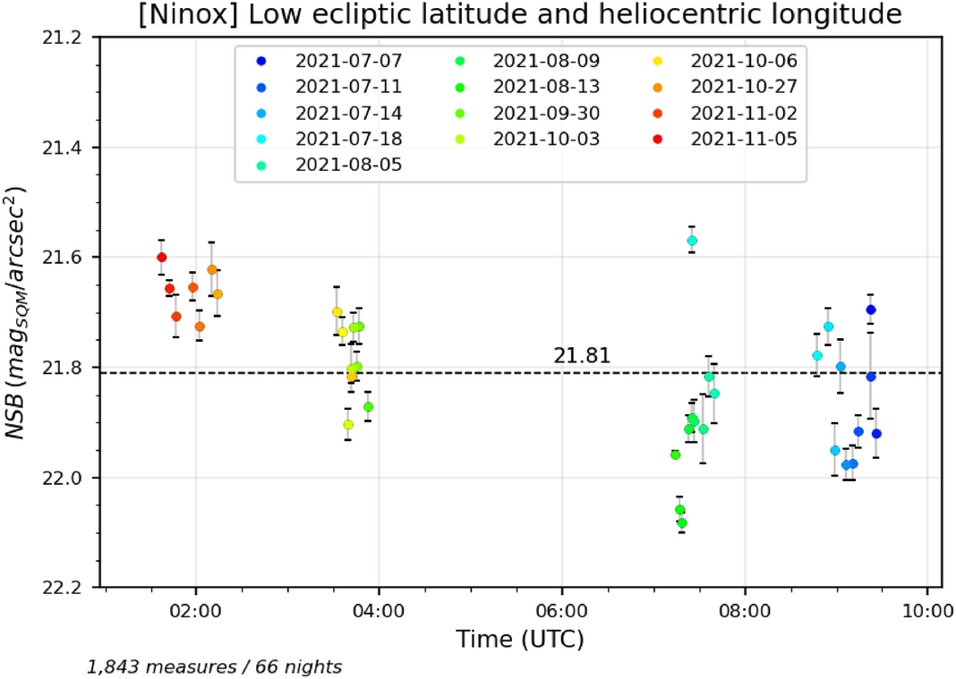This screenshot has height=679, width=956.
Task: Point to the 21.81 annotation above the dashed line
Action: click(x=582, y=356)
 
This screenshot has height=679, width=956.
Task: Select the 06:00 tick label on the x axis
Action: click(x=562, y=613)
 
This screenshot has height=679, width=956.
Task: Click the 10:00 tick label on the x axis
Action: click(x=927, y=613)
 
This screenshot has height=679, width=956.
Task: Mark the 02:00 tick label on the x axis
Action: click(x=195, y=613)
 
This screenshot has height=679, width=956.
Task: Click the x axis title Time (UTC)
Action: click(x=519, y=641)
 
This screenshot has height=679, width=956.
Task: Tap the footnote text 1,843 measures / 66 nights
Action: click(x=214, y=666)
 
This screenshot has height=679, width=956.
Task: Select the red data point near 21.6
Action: click(x=161, y=258)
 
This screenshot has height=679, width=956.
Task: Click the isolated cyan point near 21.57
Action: click(x=692, y=241)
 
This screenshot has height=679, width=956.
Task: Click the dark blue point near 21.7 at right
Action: click(x=871, y=310)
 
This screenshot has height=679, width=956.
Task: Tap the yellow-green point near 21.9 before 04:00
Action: click(x=348, y=424)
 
